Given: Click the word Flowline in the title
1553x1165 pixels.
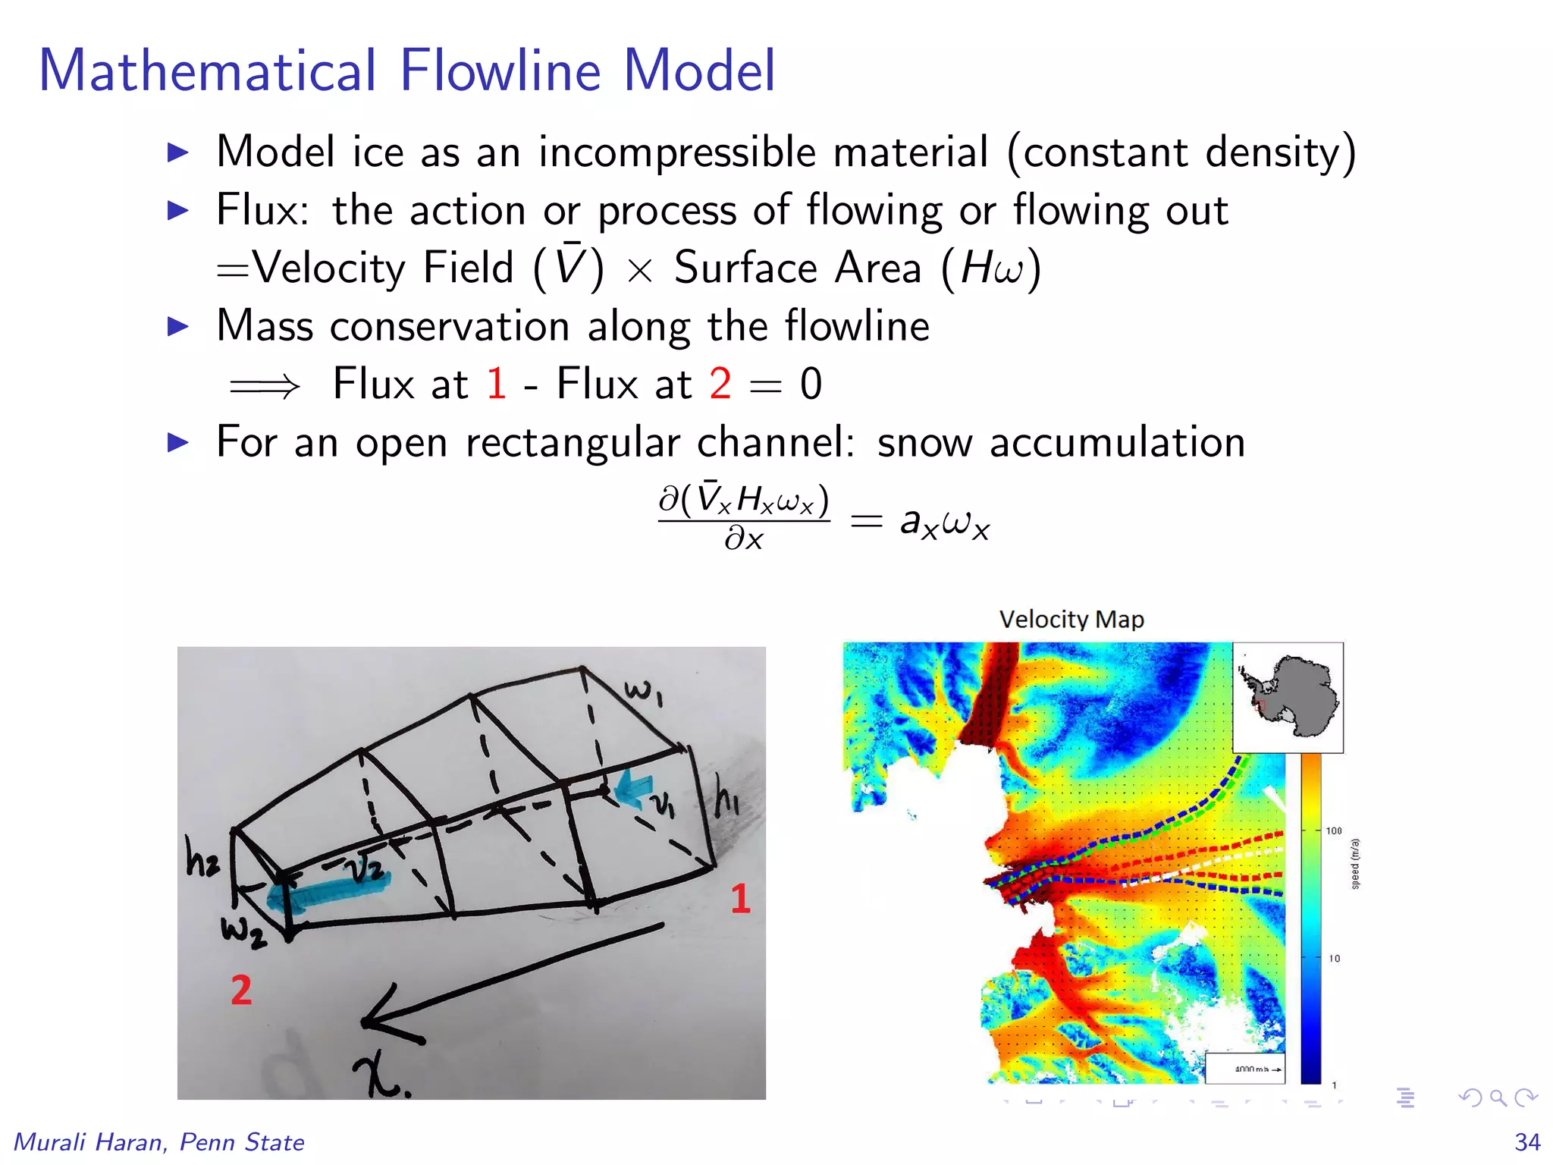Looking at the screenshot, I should [x=500, y=71].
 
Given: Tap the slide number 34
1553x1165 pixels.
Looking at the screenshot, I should [x=1527, y=1141].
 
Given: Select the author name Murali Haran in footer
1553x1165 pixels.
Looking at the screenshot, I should [x=89, y=1141].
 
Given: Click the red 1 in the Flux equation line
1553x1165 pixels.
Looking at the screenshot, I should [x=497, y=383].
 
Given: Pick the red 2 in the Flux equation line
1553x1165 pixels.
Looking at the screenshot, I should [x=720, y=383].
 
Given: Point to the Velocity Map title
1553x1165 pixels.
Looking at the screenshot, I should [x=1071, y=619].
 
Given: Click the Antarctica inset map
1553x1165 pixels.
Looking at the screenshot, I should [x=1288, y=697].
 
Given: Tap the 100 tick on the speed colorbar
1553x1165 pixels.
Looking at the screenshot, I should [x=1334, y=831].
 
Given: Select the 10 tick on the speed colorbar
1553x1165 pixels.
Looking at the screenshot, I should [x=1334, y=959].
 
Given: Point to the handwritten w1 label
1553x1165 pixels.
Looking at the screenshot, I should [x=644, y=691].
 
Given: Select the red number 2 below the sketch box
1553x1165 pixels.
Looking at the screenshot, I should [x=241, y=990].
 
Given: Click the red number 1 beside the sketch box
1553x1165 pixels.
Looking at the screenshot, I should [x=740, y=898].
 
